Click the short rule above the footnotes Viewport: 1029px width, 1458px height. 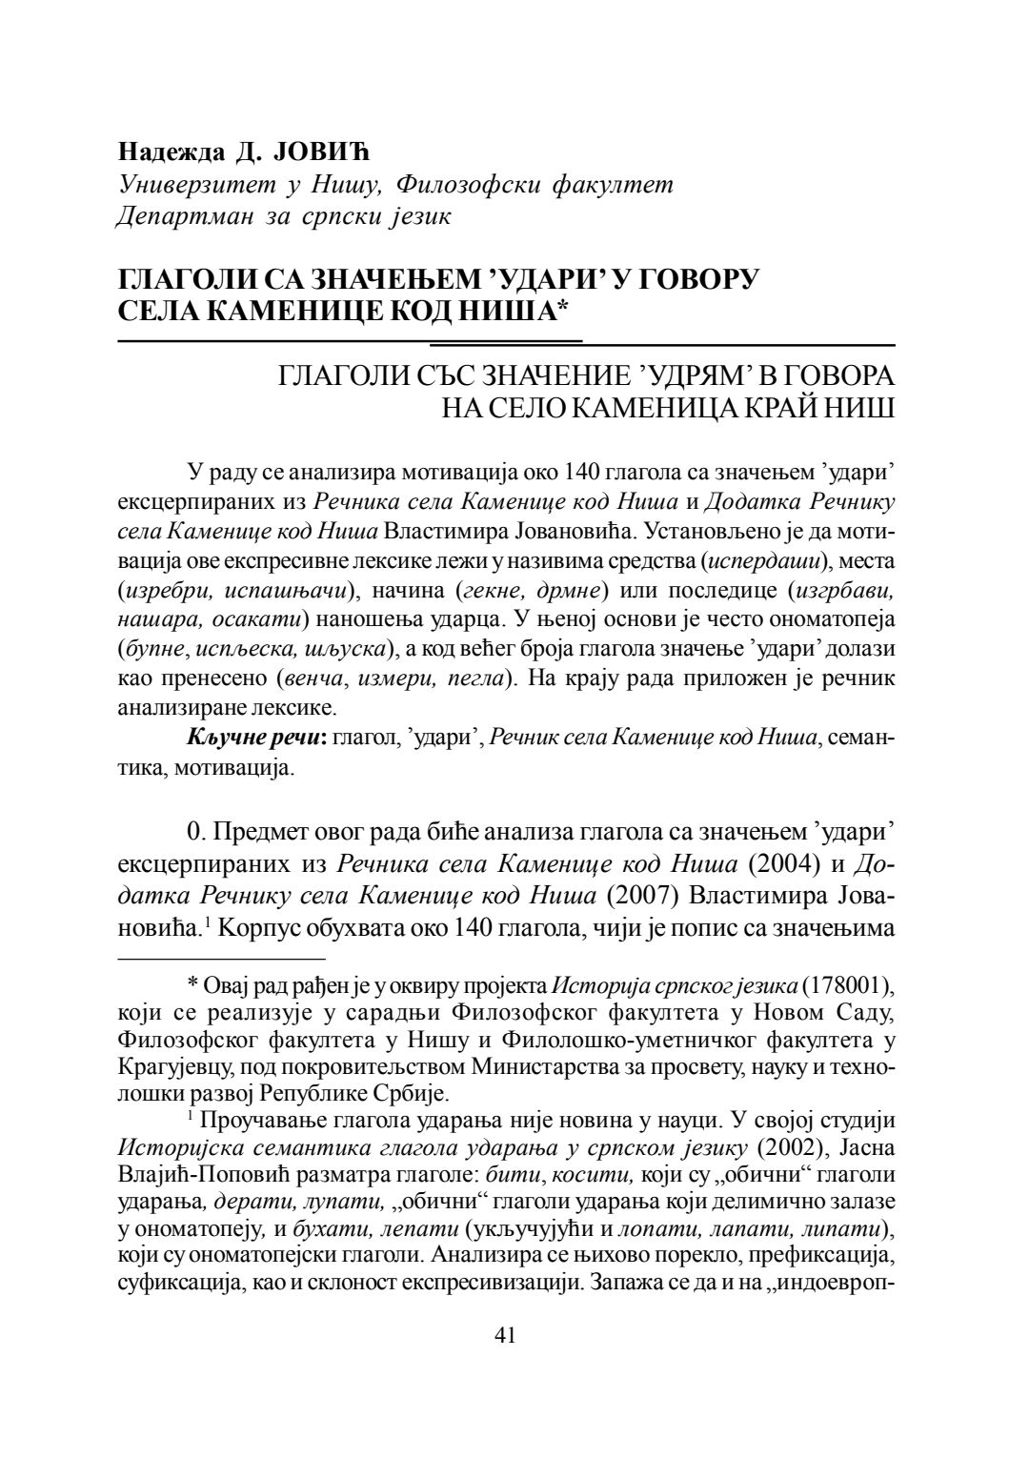[220, 957]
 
